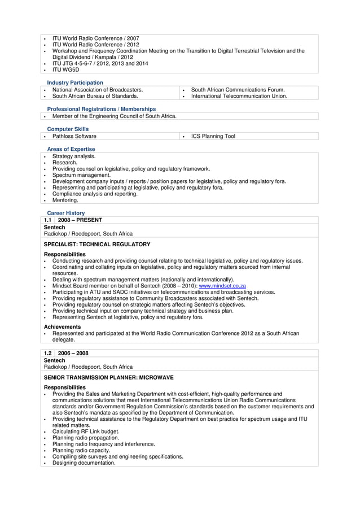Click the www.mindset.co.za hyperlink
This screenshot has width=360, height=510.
click(222, 286)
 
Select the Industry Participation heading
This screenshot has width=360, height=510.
click(75, 83)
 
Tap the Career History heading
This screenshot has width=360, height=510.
click(66, 213)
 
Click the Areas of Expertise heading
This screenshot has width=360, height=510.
click(71, 149)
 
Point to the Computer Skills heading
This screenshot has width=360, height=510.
click(68, 129)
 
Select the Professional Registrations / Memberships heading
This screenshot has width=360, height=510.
click(102, 109)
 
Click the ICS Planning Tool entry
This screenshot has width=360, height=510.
click(213, 136)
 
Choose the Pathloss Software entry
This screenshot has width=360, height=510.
click(74, 136)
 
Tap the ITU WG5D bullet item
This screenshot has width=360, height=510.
click(65, 69)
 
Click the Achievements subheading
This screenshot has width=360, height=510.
click(62, 327)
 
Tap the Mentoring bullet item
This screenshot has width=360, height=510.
click(65, 200)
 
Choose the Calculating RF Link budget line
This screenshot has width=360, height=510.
click(86, 431)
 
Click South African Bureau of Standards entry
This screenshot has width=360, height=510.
click(95, 96)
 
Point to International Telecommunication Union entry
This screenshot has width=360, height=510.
click(239, 96)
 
